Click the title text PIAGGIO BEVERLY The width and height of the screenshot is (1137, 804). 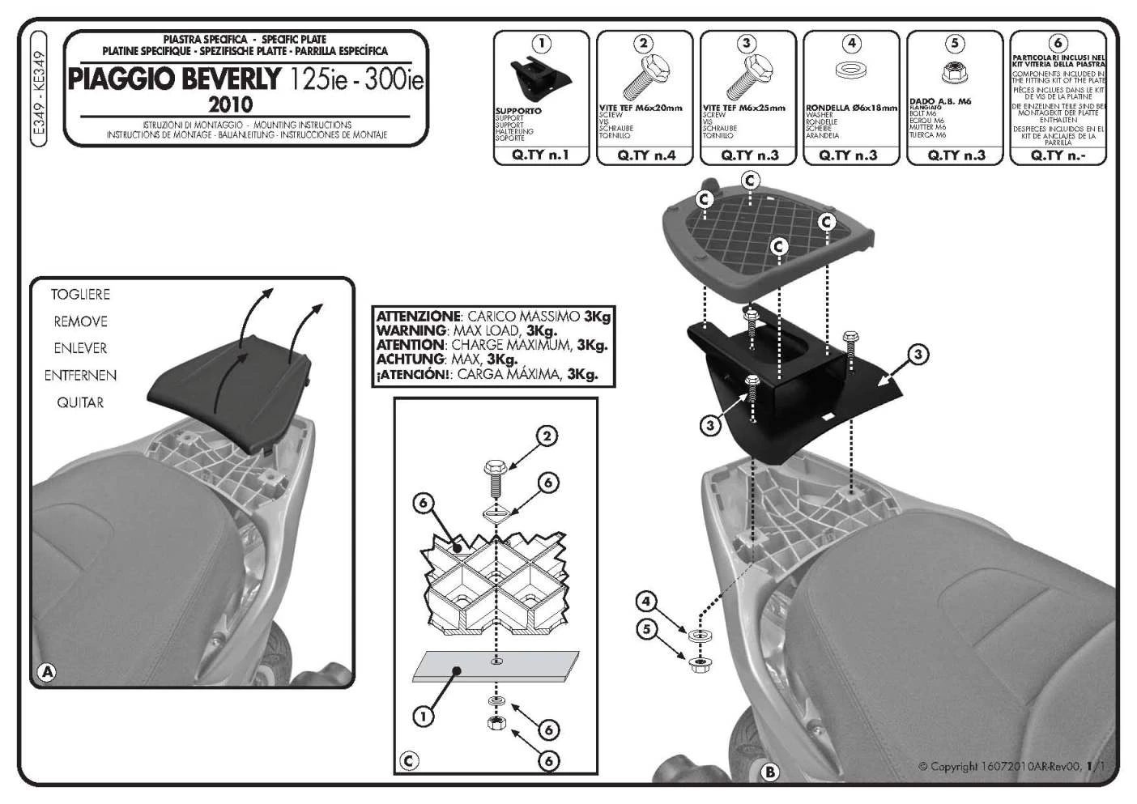(175, 79)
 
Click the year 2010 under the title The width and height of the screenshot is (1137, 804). (231, 104)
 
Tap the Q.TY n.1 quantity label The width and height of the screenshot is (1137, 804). (541, 155)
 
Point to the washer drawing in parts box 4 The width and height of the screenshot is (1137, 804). (849, 70)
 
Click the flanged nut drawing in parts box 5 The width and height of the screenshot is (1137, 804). (954, 74)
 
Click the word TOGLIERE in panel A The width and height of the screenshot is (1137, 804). (80, 295)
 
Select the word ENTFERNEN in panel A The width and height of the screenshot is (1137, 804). (80, 376)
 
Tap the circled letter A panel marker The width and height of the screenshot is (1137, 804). (47, 671)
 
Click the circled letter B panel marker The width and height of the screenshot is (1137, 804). (769, 772)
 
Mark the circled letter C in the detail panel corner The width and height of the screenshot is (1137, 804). (409, 760)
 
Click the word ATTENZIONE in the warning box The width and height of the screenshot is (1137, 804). (418, 317)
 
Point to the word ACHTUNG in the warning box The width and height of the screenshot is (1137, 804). (411, 359)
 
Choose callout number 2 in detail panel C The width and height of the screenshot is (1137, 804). (547, 437)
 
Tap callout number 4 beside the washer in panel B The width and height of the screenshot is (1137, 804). (645, 602)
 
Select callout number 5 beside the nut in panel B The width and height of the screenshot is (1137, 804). (645, 629)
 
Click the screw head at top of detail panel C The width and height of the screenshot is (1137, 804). (494, 468)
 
